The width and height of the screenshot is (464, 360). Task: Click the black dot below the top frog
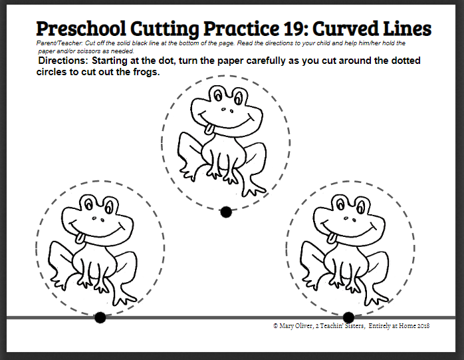pyautogui.click(x=226, y=212)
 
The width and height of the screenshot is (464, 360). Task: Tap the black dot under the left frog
pyautogui.click(x=100, y=317)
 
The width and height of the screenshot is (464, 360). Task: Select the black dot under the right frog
pyautogui.click(x=348, y=317)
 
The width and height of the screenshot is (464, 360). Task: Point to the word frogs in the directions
pyautogui.click(x=146, y=72)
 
